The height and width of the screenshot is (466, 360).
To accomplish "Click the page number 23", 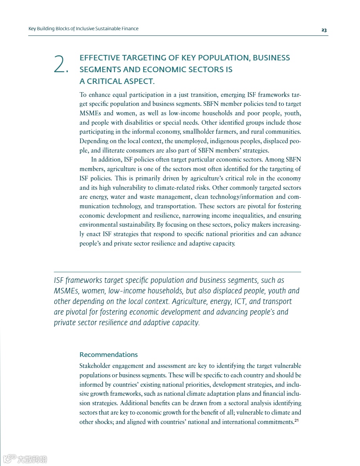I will (324, 30).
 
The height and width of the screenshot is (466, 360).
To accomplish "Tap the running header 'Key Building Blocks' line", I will (84, 29).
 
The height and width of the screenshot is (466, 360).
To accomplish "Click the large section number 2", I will (61, 64).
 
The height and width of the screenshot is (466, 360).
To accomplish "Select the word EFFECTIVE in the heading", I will (100, 58).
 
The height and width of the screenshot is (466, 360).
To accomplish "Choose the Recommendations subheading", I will (109, 355).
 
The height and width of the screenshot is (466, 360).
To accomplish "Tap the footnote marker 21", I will (297, 421).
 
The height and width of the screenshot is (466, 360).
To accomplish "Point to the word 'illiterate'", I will (109, 151).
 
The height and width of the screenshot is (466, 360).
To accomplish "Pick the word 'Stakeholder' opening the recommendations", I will (94, 366).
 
